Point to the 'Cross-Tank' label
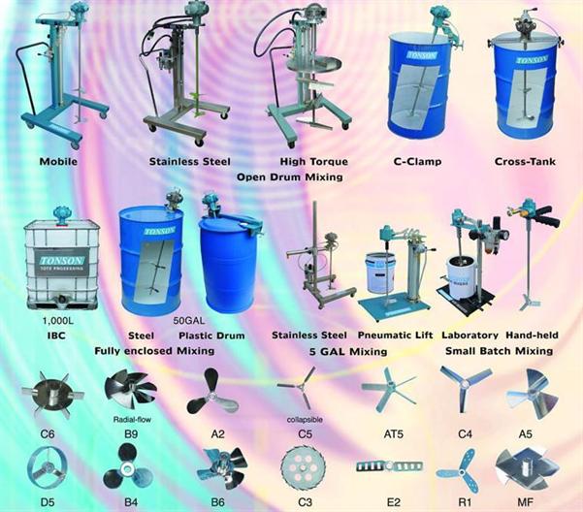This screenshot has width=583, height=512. [524, 161]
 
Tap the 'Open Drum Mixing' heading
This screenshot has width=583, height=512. [291, 176]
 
